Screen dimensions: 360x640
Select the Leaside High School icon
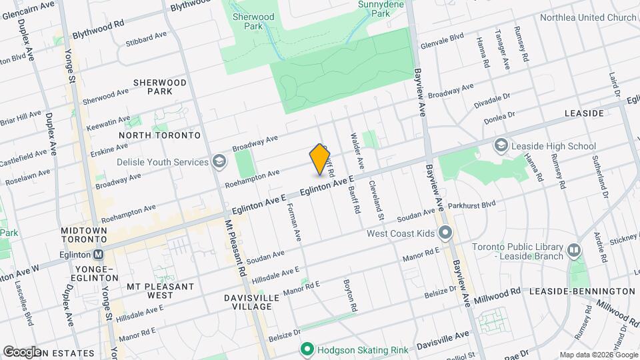[x=501, y=145]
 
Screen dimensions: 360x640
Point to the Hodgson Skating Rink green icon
[x=307, y=349]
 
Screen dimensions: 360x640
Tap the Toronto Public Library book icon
[x=574, y=250]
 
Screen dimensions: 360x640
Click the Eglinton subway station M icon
[x=99, y=254]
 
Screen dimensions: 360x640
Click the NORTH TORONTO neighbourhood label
[x=159, y=135]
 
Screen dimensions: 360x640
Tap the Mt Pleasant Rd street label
[x=235, y=249]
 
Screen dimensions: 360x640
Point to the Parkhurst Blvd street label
[x=472, y=205]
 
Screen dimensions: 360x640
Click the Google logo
[x=22, y=351]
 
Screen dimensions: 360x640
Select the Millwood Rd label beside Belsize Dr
[x=498, y=293]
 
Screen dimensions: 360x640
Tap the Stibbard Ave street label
[x=145, y=37]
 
